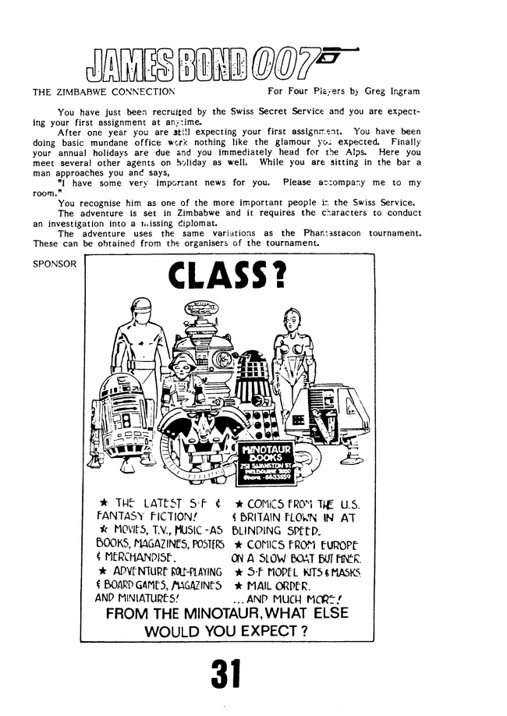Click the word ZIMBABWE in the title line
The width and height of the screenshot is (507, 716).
[85, 91]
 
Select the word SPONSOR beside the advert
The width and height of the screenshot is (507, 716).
[55, 264]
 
